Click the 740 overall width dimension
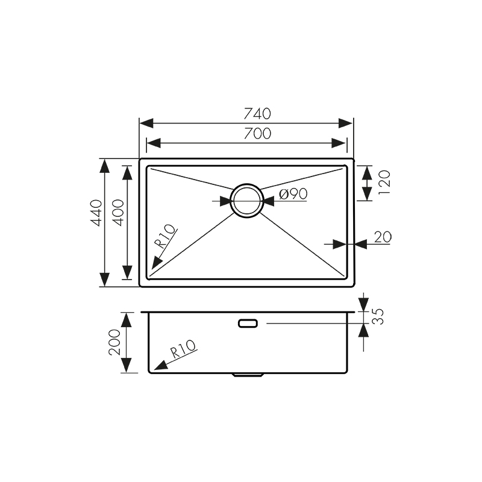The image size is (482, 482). point(257,113)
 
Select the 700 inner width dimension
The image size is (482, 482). point(257,133)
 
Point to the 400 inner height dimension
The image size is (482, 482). point(118,212)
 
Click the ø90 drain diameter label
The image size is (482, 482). point(294,194)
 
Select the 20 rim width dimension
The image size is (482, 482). point(382,237)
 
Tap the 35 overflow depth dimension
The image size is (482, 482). point(378,318)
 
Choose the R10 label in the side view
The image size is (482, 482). point(183,349)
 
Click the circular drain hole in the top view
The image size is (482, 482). point(246,199)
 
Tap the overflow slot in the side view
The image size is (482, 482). point(248,324)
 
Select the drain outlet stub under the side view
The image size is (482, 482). point(247,375)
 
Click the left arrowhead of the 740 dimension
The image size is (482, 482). point(145,123)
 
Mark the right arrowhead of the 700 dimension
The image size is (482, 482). point(341,143)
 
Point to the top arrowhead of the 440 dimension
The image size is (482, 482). point(105,164)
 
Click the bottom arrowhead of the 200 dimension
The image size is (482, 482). point(127,368)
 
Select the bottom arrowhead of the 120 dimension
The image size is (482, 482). point(366,196)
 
